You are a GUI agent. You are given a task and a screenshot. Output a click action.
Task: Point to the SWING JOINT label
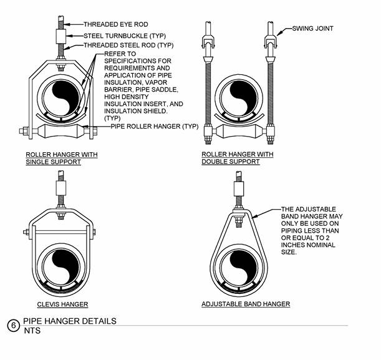(315, 28)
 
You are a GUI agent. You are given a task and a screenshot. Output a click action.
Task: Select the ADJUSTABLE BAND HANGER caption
(246, 304)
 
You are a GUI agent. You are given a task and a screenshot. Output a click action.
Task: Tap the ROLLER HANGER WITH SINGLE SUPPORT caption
(61, 158)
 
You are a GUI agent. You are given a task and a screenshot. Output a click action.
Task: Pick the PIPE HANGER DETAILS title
(70, 321)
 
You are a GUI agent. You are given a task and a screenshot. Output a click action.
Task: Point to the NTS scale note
(32, 331)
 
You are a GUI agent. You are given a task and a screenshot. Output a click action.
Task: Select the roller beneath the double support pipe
(239, 132)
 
